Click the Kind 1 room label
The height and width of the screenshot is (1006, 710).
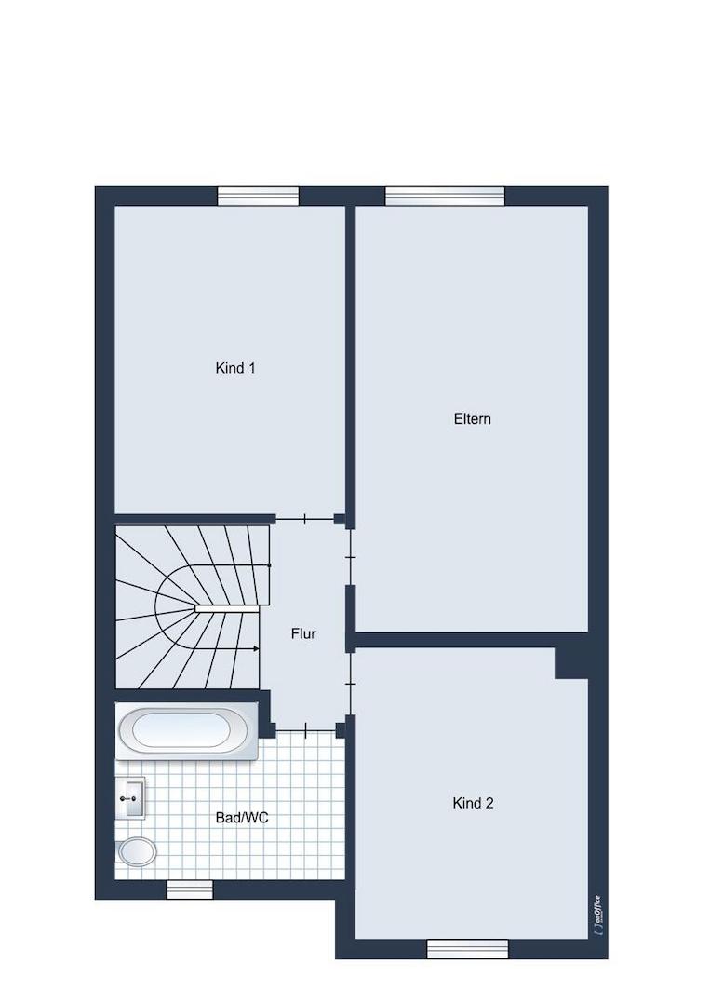(x=235, y=368)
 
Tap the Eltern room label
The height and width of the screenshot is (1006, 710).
(x=473, y=419)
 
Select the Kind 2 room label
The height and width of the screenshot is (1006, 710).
(x=473, y=803)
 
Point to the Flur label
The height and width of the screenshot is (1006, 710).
(x=303, y=634)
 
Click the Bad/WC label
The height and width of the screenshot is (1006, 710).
(x=242, y=818)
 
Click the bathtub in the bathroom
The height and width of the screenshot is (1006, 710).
(x=186, y=731)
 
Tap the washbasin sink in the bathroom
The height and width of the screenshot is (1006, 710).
(x=130, y=798)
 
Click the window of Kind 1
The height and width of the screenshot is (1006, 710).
(x=259, y=197)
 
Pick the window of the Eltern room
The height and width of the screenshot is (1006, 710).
(x=445, y=197)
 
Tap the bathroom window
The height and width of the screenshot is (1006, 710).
(x=190, y=890)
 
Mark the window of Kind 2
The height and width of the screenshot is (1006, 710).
(x=468, y=949)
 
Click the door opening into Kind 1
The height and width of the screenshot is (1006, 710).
(x=305, y=519)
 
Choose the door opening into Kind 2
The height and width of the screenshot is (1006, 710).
(x=350, y=684)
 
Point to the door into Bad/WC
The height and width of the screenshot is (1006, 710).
(x=305, y=728)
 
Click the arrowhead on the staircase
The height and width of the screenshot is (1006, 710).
(x=256, y=648)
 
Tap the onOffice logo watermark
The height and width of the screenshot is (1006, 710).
(x=596, y=911)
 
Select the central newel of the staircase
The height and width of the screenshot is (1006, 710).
(x=227, y=606)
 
